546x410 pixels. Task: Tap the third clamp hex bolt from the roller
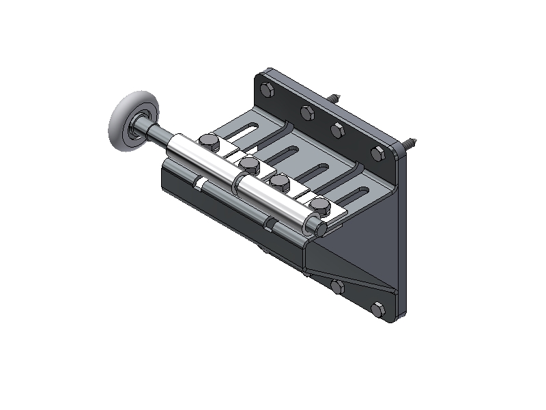pos(278,182)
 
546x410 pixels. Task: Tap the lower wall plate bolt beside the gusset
pos(337,286)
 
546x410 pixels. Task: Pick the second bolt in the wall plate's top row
pos(306,111)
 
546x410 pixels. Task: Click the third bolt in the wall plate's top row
pos(338,129)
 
